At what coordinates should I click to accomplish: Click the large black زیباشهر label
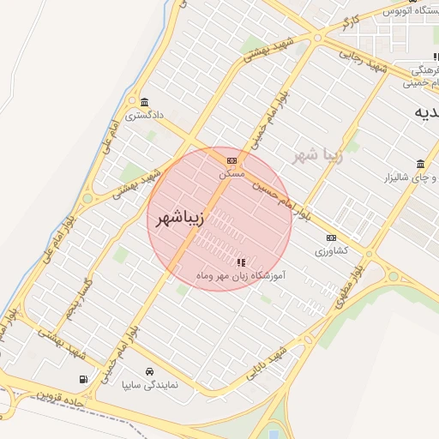pyautogui.click(x=180, y=219)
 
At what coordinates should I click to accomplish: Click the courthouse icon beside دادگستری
pyautogui.click(x=143, y=101)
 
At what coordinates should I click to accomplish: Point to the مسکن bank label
pyautogui.click(x=232, y=173)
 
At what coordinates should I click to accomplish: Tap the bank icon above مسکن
pyautogui.click(x=232, y=160)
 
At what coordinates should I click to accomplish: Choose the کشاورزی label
pyautogui.click(x=331, y=251)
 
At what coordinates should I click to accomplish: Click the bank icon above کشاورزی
pyautogui.click(x=331, y=238)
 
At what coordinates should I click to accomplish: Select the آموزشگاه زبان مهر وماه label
pyautogui.click(x=241, y=275)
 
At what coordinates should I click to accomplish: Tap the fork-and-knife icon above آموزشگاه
pyautogui.click(x=241, y=262)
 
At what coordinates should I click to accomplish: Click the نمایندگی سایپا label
pyautogui.click(x=149, y=385)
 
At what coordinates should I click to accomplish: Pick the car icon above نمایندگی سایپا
pyautogui.click(x=149, y=372)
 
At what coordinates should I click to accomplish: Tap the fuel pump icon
pyautogui.click(x=82, y=379)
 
